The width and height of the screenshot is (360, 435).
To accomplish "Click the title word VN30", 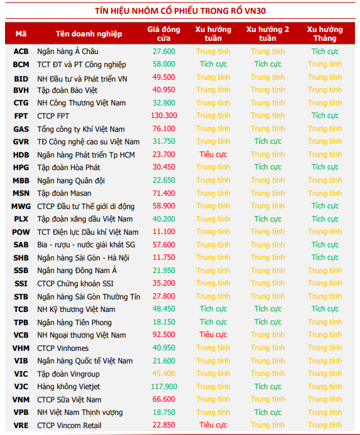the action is [x=255, y=11].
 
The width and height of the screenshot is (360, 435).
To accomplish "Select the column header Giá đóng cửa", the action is [x=163, y=33].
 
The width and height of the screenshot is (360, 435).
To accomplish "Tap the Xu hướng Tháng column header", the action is [x=325, y=33].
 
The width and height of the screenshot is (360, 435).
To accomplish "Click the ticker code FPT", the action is [x=21, y=116].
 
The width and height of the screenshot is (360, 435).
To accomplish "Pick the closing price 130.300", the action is [x=164, y=115].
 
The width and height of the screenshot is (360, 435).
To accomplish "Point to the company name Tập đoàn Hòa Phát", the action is [x=68, y=168].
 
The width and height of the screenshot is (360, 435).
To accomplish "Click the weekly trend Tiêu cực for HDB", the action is [x=213, y=154].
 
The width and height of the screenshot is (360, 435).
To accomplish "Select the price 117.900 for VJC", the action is [x=164, y=387].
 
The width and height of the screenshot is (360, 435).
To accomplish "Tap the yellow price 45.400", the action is [x=163, y=373].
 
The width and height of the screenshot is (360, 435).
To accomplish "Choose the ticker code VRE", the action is [x=21, y=426].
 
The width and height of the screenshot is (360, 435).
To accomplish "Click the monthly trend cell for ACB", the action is [x=325, y=51].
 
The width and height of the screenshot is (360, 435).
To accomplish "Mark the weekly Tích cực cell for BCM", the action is [x=214, y=64].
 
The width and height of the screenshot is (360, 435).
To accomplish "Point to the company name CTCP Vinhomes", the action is [x=63, y=348].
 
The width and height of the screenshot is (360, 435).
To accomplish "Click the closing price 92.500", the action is [x=163, y=335].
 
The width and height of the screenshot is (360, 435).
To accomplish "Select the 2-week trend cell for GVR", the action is [x=268, y=141].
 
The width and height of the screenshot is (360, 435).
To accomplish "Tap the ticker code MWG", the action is [x=21, y=207].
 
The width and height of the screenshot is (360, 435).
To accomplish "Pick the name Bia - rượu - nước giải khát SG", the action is [x=86, y=245].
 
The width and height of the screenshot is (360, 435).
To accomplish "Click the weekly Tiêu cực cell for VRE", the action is [x=213, y=425].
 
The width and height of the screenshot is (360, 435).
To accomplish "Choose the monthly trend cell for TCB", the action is [x=325, y=309].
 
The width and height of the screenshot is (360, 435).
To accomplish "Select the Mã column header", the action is [x=21, y=34].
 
